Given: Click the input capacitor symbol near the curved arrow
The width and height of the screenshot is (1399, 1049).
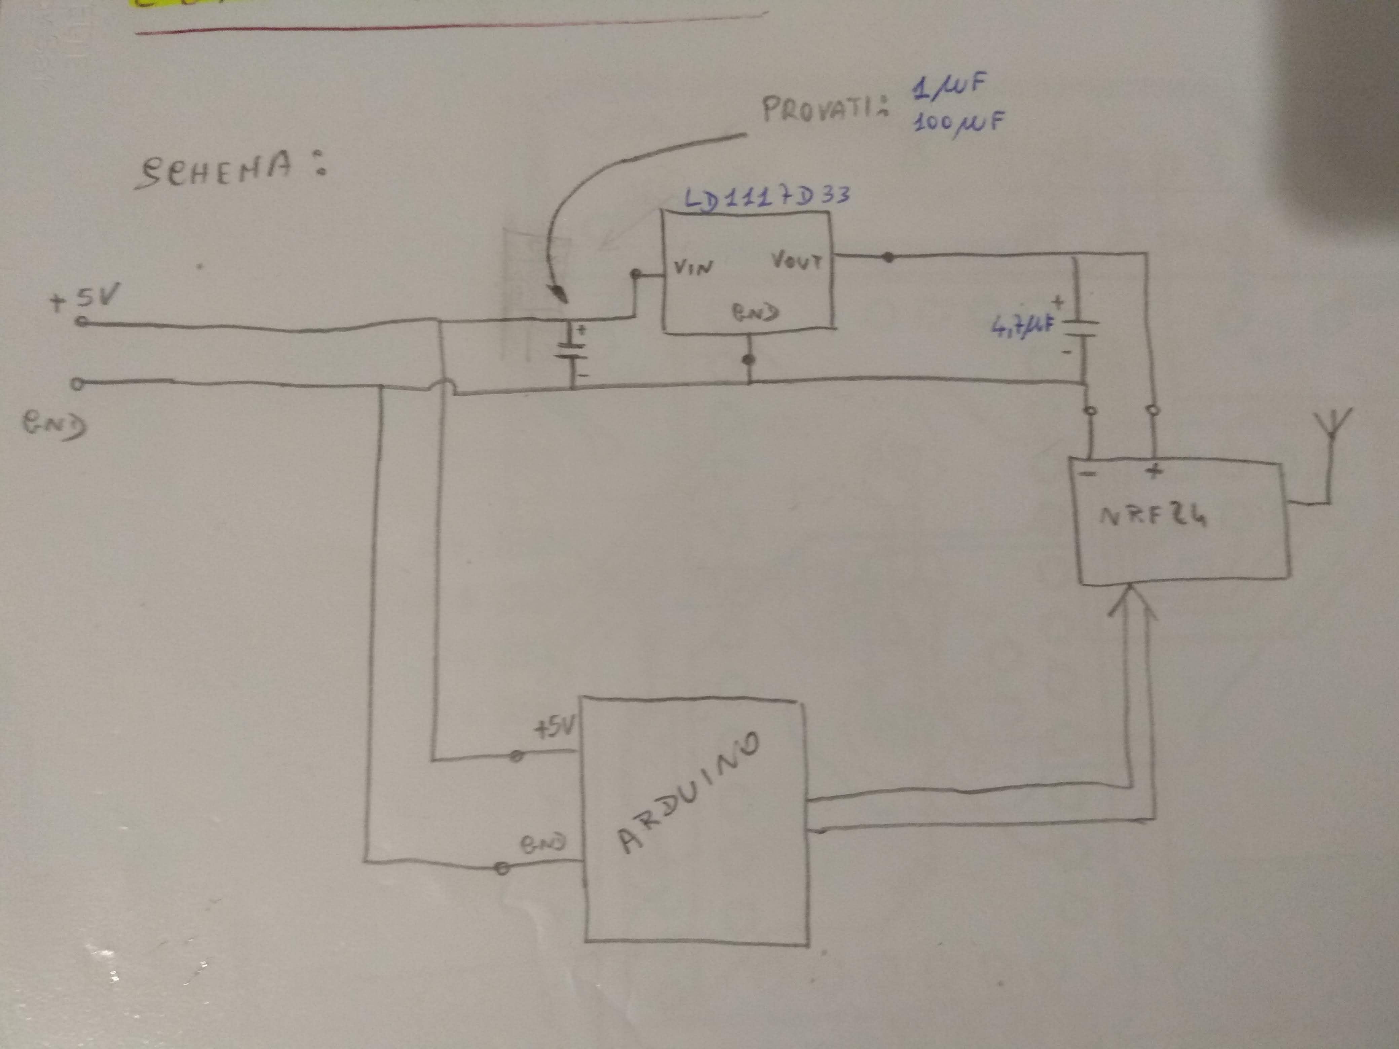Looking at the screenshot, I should pyautogui.click(x=571, y=352).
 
